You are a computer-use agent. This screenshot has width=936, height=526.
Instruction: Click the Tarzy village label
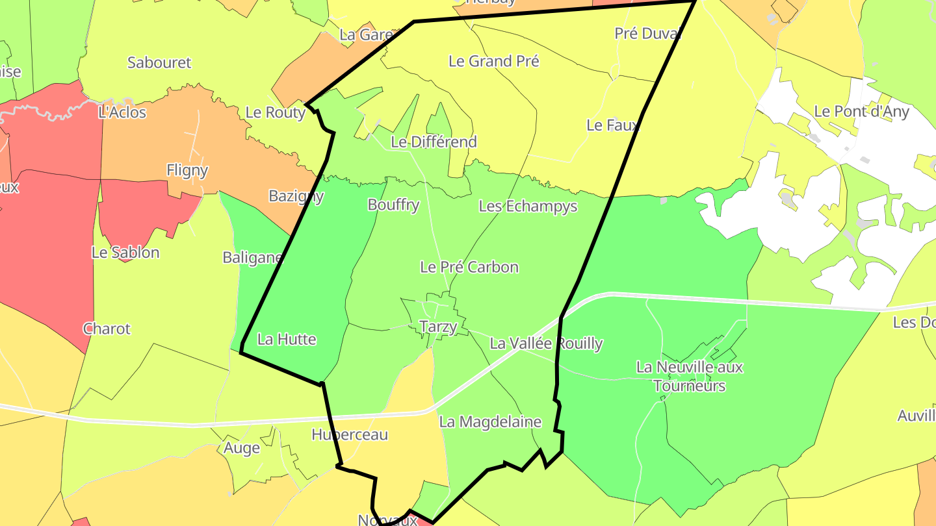coord(439,327)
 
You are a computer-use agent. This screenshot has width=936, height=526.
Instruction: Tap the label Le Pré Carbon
coord(469,267)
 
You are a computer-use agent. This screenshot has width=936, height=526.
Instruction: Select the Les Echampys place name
coord(528,207)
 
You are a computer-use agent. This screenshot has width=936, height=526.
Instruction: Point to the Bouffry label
coord(393,205)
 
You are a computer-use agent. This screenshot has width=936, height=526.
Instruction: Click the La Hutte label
coord(287,339)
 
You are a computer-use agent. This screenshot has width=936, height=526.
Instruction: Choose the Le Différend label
coord(434,142)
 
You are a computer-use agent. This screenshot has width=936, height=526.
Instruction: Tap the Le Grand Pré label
coord(494,61)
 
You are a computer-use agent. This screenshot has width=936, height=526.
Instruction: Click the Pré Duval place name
coord(647,33)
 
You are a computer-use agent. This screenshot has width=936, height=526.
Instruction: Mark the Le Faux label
coord(613,125)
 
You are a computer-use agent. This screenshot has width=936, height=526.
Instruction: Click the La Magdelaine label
coord(490,421)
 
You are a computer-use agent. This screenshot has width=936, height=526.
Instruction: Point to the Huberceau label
coord(350,434)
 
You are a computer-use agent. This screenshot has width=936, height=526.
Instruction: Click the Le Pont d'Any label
coord(861,111)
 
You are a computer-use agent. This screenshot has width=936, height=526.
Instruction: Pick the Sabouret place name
coord(159,62)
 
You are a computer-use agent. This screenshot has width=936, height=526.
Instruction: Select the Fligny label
coord(187,170)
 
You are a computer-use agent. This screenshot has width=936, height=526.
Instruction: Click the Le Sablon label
coord(125,252)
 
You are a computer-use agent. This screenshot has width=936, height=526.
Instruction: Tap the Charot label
coord(107,329)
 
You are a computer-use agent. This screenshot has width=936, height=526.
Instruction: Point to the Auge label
coord(242,447)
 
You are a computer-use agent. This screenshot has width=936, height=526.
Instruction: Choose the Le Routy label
coord(276,112)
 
